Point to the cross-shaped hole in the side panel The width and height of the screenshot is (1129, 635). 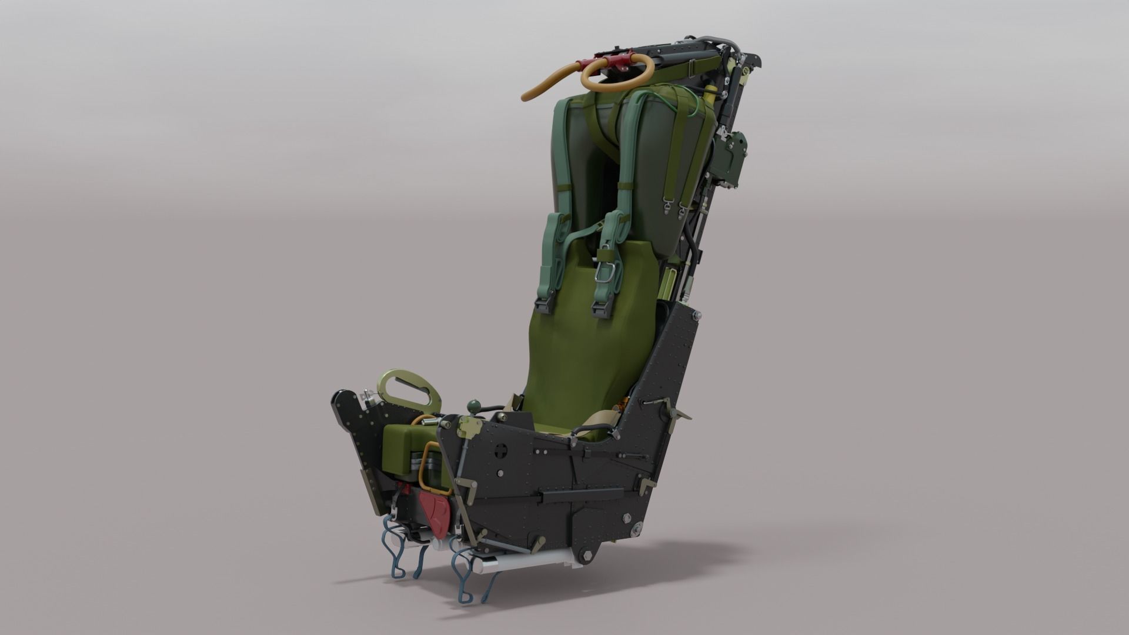click(x=501, y=451)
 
